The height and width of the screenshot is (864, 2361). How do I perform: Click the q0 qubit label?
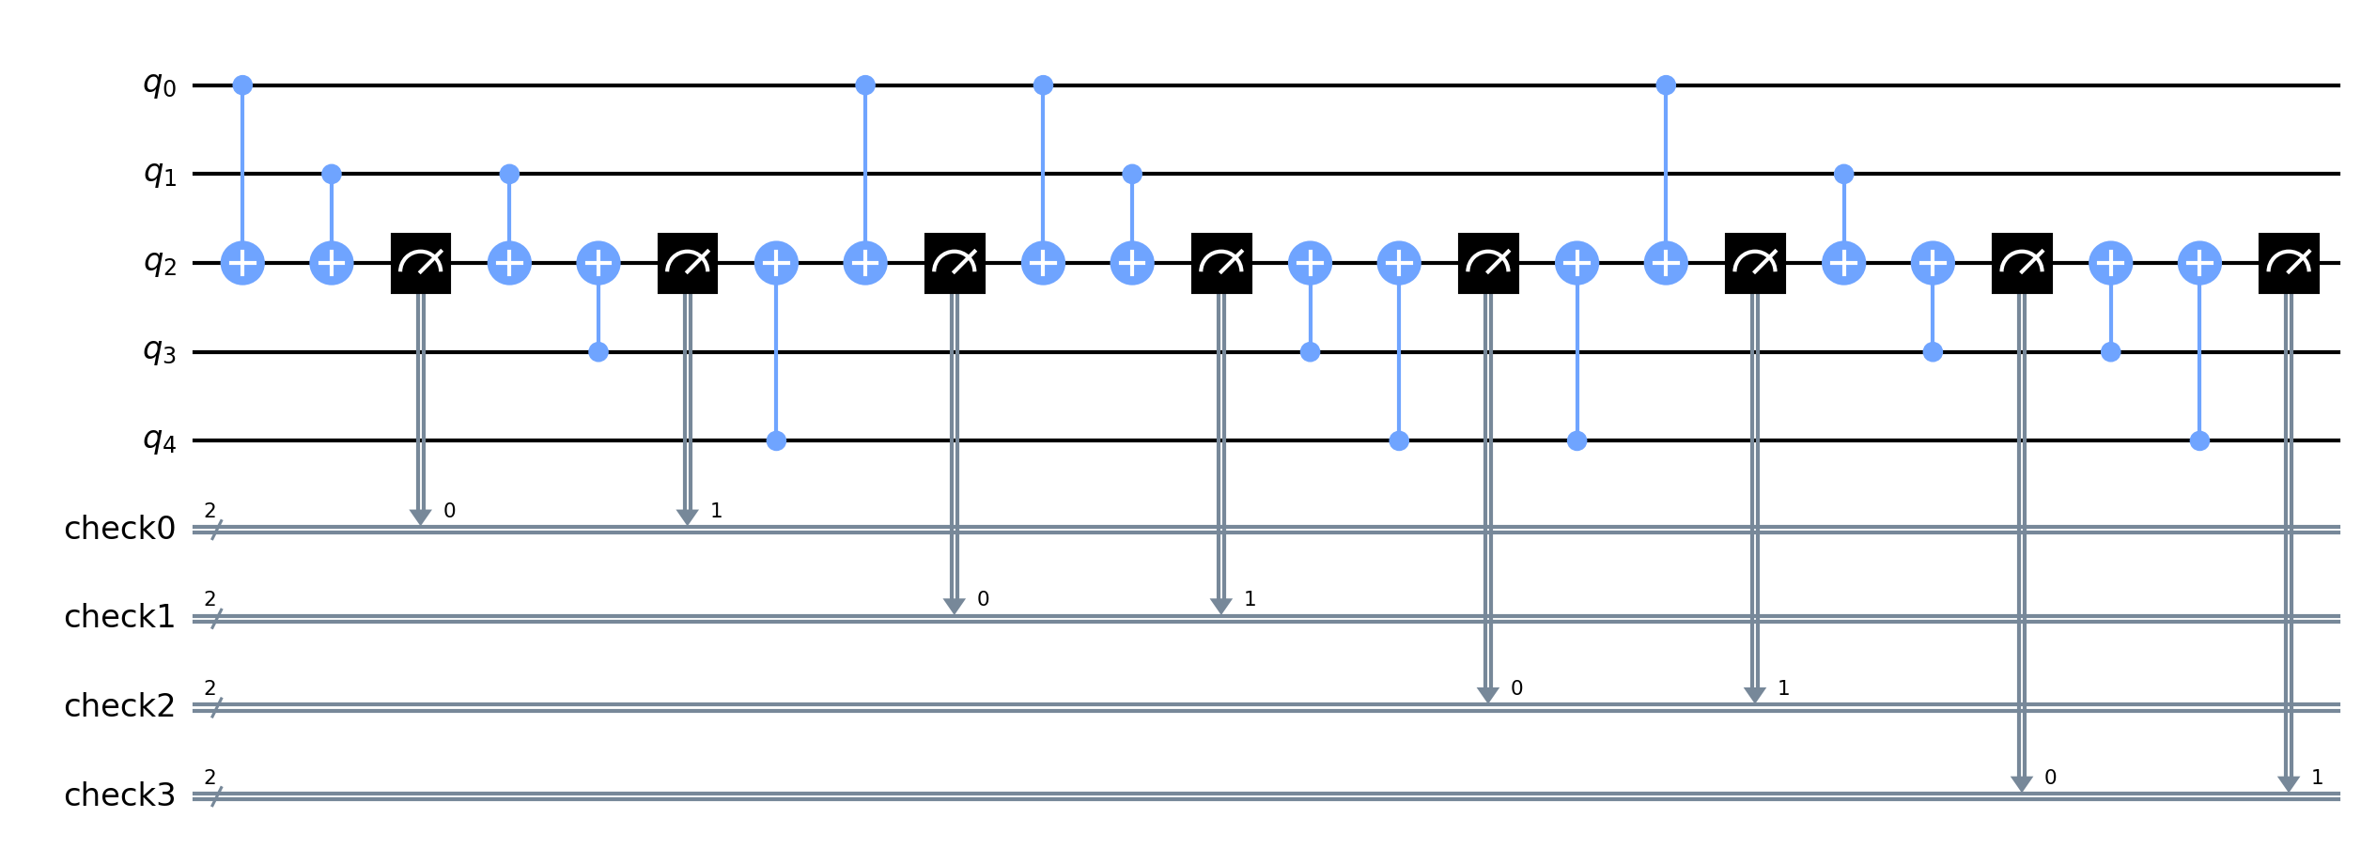tap(159, 85)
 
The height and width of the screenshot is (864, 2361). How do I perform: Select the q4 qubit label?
tap(159, 440)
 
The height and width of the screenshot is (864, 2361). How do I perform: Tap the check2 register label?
tap(119, 706)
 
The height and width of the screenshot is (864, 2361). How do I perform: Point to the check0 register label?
tap(119, 529)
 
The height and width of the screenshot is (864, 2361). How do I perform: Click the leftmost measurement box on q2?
tap(421, 263)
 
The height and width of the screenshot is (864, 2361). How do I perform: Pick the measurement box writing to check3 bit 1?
tap(2289, 263)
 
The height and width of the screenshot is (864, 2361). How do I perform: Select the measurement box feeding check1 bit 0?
tap(955, 263)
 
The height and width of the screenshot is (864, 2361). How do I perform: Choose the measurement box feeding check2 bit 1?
tap(1755, 263)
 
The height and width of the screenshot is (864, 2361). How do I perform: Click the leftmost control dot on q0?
tap(242, 85)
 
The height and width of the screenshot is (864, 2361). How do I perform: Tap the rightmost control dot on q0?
tap(1666, 85)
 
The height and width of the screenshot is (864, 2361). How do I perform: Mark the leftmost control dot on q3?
tap(598, 352)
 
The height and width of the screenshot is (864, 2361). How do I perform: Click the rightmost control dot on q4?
tap(2199, 440)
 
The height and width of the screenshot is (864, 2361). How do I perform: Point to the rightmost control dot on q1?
tap(1844, 174)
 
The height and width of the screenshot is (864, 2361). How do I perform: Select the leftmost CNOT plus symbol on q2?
tap(242, 263)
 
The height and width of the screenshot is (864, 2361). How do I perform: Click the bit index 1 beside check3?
tap(2317, 777)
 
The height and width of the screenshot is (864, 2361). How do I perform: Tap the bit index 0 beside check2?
tap(1516, 688)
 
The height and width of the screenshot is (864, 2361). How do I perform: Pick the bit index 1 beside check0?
tap(716, 511)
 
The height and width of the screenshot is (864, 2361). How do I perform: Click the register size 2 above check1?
tap(210, 599)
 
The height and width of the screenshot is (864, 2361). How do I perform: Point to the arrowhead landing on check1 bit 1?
tap(1220, 607)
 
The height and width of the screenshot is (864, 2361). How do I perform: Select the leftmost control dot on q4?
tap(776, 440)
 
